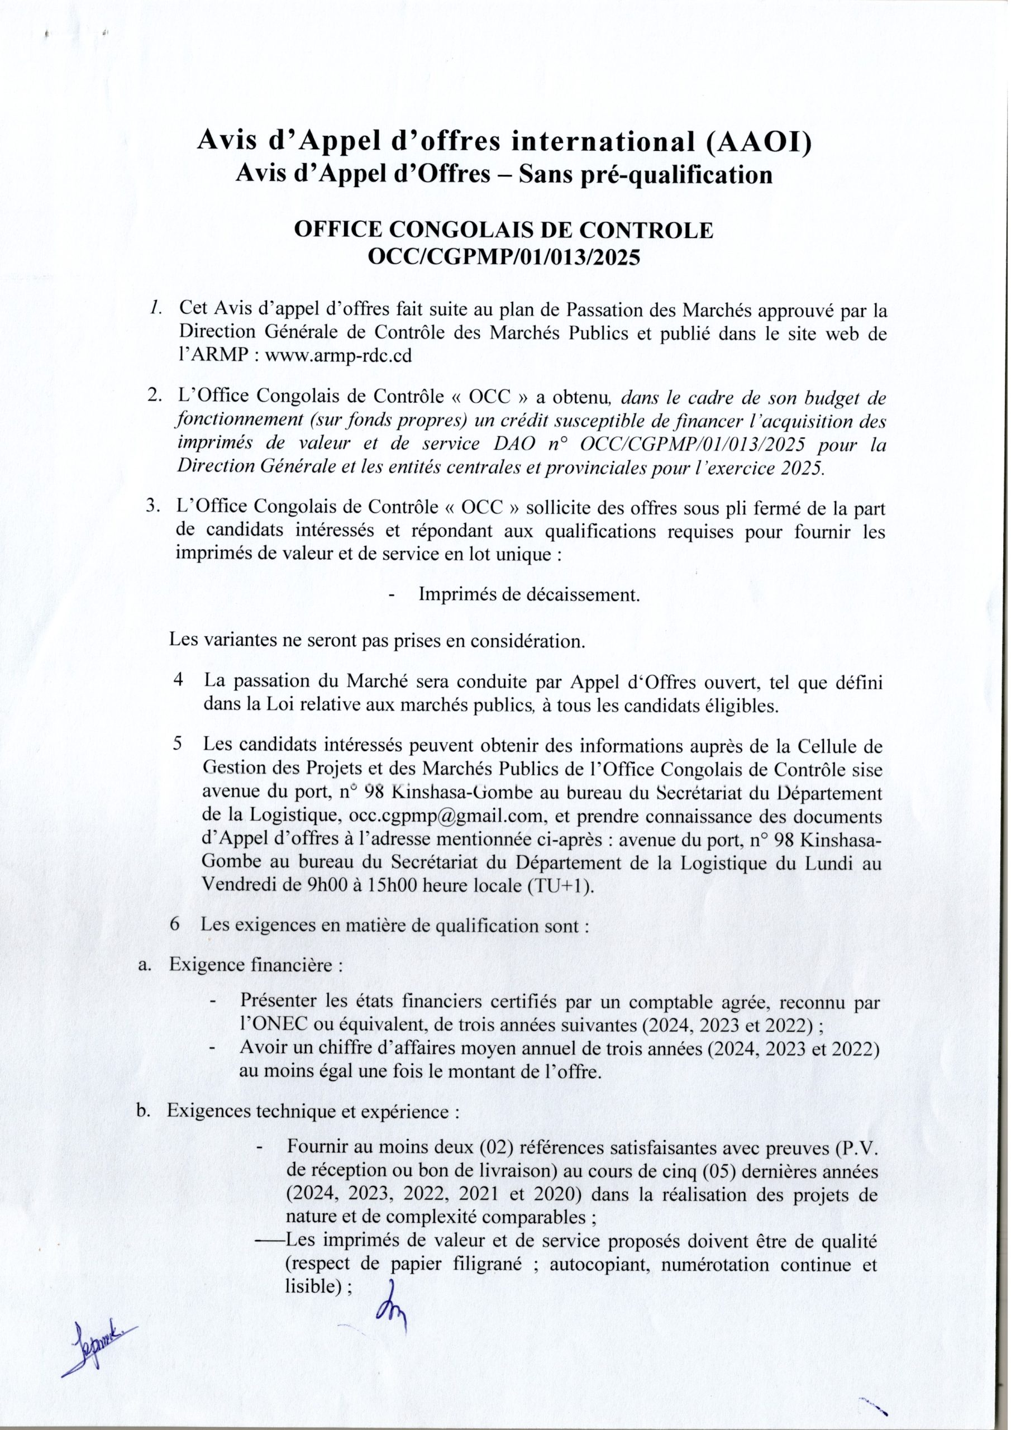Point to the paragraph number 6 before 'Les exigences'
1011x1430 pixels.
(x=175, y=924)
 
